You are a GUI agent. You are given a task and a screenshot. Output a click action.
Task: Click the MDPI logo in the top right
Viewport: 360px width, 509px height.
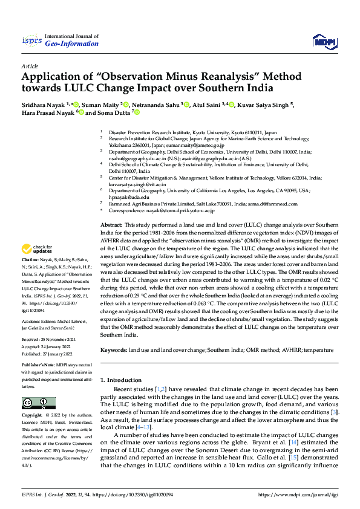pyautogui.click(x=322, y=41)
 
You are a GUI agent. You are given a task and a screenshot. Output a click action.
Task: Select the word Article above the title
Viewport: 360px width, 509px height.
pyautogui.click(x=30, y=65)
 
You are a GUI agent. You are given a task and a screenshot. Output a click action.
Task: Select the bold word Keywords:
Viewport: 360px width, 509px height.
pyautogui.click(x=114, y=350)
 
